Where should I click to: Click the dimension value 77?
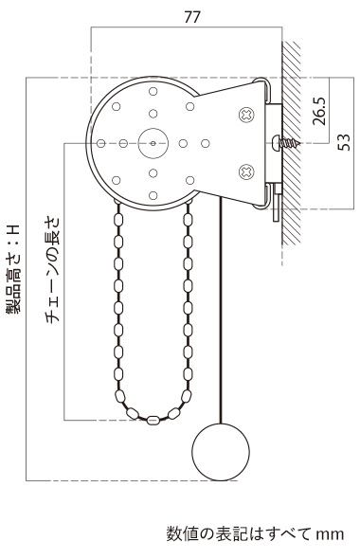[x=192, y=17]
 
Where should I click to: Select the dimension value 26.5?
[x=319, y=111]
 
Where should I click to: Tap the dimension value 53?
[x=344, y=142]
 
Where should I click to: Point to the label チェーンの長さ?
[x=54, y=270]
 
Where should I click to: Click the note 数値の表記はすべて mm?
[x=255, y=534]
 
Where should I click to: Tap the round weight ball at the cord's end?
[x=221, y=452]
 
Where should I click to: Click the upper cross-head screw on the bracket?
[x=246, y=115]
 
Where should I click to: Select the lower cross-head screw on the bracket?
[x=246, y=171]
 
